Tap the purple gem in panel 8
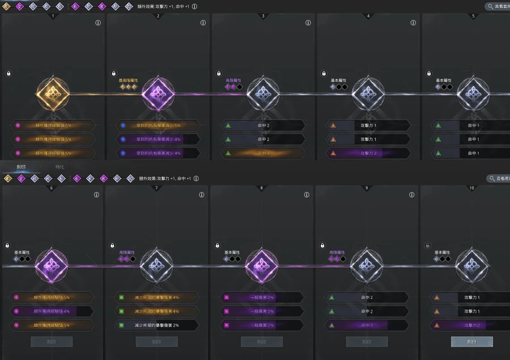(x=262, y=265)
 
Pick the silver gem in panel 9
(x=367, y=265)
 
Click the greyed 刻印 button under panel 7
(x=156, y=342)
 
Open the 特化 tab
(x=60, y=167)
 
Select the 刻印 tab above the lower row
(x=21, y=167)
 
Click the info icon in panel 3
(x=308, y=23)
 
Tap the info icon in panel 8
(x=307, y=195)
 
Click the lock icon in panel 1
(x=8, y=74)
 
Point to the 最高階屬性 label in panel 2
(x=129, y=81)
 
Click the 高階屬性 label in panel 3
(x=234, y=81)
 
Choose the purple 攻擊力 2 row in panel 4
(x=368, y=153)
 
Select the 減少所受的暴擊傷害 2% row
(x=157, y=325)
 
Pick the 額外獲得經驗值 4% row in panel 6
(x=52, y=311)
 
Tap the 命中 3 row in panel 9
(x=367, y=325)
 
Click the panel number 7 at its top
(x=157, y=188)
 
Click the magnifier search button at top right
(x=497, y=7)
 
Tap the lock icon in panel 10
(x=427, y=245)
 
